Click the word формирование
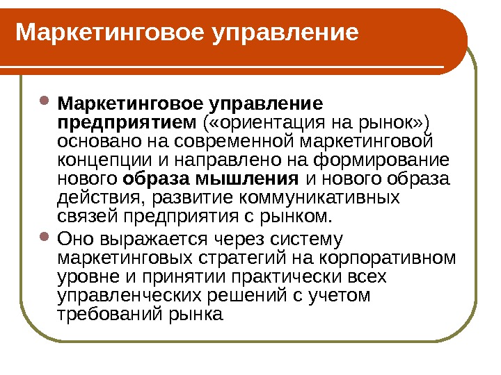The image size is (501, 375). (380, 160)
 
